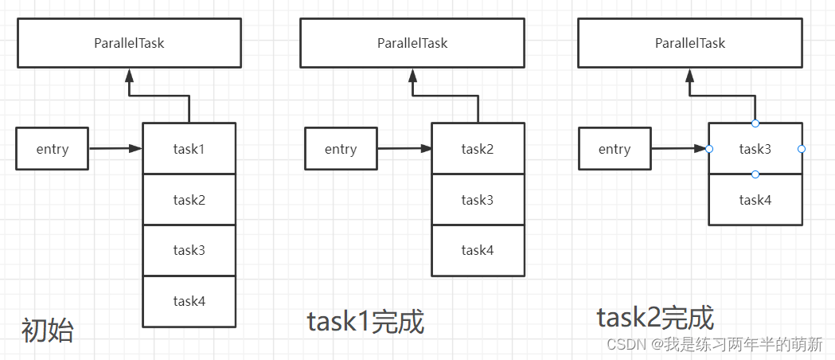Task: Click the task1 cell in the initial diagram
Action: click(x=189, y=148)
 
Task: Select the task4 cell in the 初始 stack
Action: click(x=189, y=301)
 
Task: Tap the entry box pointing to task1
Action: click(x=53, y=149)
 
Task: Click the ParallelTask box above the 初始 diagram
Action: click(x=129, y=43)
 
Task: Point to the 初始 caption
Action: click(x=48, y=329)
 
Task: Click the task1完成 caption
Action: click(x=365, y=322)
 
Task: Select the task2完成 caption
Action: click(x=655, y=318)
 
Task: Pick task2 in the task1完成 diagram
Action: click(x=478, y=148)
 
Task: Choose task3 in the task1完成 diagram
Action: click(x=478, y=199)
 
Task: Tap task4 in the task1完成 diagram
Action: click(x=478, y=250)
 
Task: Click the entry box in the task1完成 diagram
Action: click(x=341, y=149)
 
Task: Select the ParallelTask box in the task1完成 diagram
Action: click(x=412, y=43)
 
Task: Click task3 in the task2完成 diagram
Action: click(x=755, y=149)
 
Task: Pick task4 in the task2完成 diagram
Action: click(x=755, y=200)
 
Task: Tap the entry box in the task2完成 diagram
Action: click(x=614, y=149)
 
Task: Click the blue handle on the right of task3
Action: click(x=802, y=149)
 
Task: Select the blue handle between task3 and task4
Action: click(x=755, y=174)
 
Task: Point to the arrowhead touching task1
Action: click(x=137, y=148)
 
